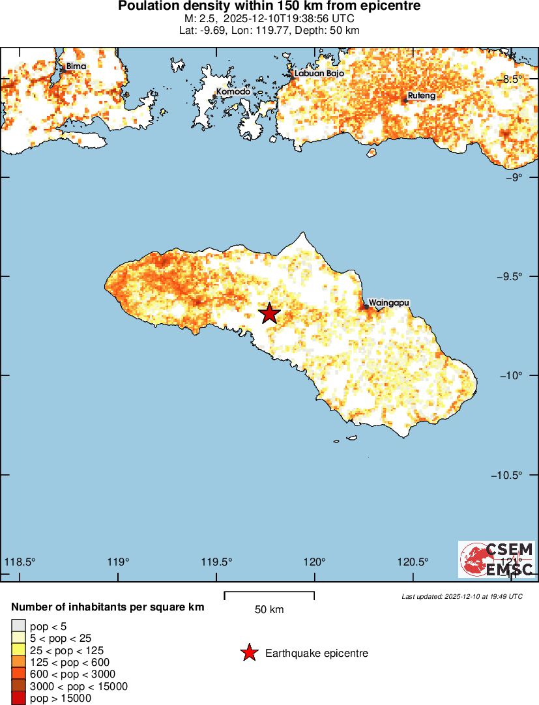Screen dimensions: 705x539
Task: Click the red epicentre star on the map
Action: coord(269,313)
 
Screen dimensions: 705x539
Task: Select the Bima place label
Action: coord(76,66)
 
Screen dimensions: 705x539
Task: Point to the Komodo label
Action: coord(233,92)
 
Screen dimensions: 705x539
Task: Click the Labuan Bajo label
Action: coord(319,74)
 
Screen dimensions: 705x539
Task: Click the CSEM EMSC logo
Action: coord(497,559)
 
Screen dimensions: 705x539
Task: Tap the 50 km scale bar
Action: coord(269,596)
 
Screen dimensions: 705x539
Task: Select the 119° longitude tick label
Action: coord(118,562)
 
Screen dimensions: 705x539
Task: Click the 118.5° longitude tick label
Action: coord(20,562)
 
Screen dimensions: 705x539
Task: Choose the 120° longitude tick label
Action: coord(315,562)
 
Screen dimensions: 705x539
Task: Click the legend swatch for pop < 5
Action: coord(19,627)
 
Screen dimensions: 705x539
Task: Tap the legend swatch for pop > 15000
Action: coord(19,698)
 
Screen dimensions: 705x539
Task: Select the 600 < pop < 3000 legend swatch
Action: coord(19,674)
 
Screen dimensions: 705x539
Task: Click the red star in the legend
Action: coord(248,653)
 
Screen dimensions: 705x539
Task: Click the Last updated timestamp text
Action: coord(461,596)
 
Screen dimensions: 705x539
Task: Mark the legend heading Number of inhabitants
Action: coord(108,607)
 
